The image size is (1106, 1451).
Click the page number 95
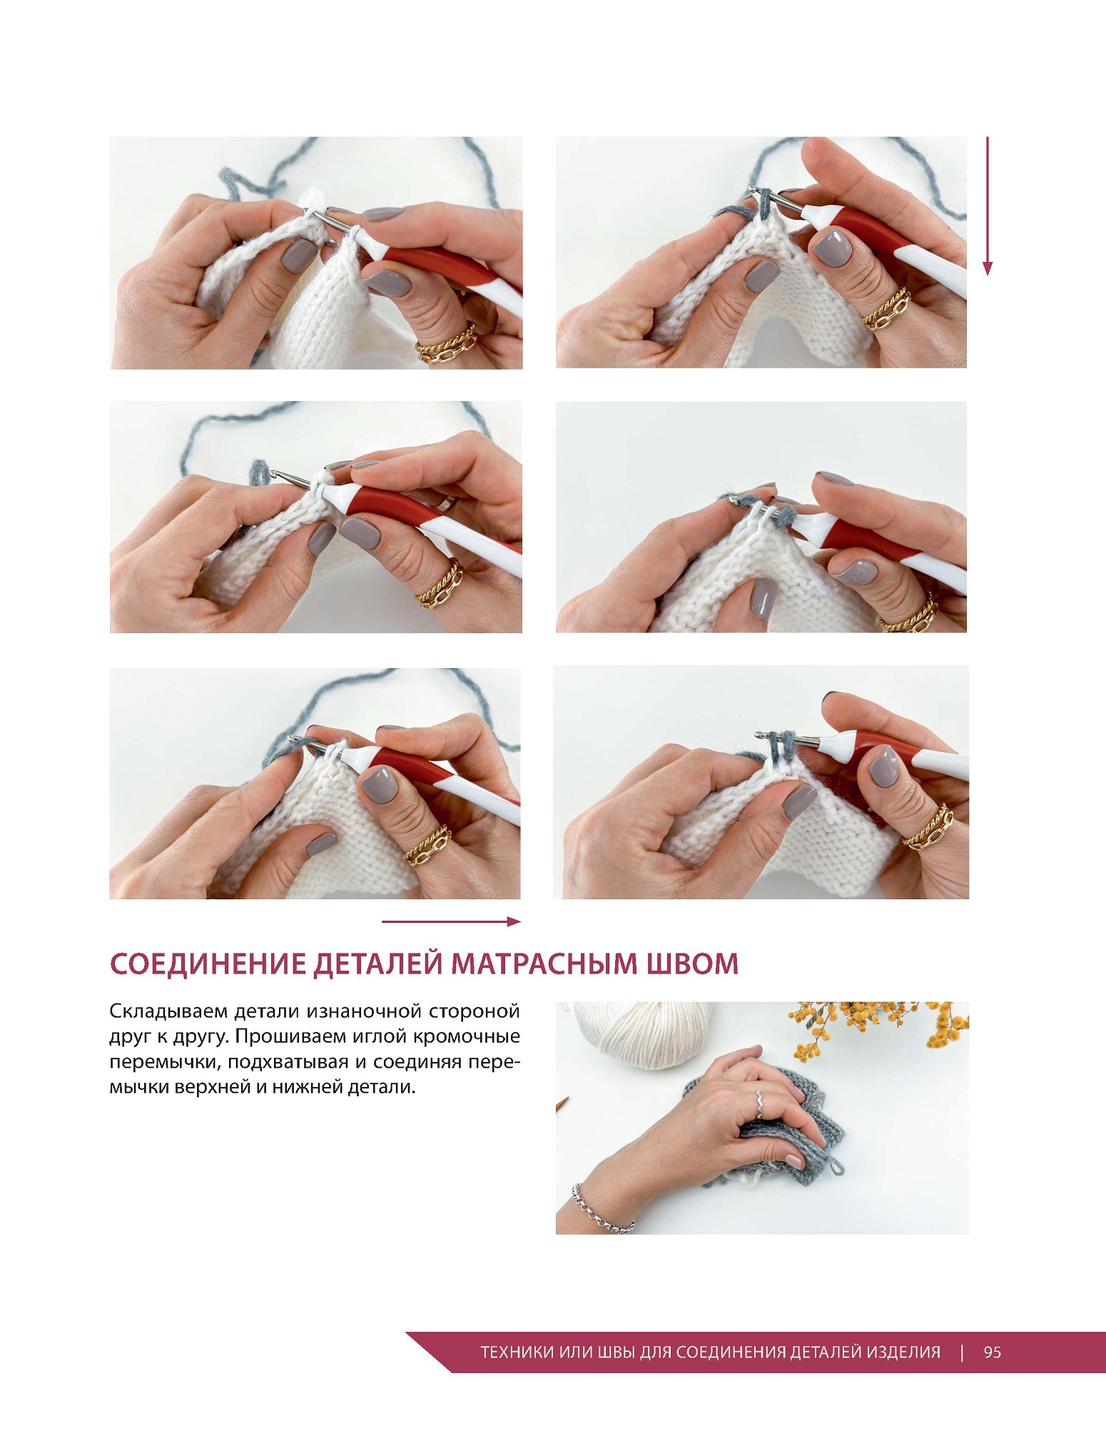tap(993, 1352)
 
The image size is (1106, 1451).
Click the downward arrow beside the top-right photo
tap(988, 206)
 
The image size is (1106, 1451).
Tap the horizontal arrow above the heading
tap(452, 921)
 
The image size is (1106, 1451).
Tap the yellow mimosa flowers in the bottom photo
tap(878, 1028)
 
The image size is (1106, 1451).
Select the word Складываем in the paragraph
tap(168, 1012)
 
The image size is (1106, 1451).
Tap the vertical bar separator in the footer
tap(963, 1352)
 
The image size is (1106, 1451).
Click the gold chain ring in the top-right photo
tap(887, 309)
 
